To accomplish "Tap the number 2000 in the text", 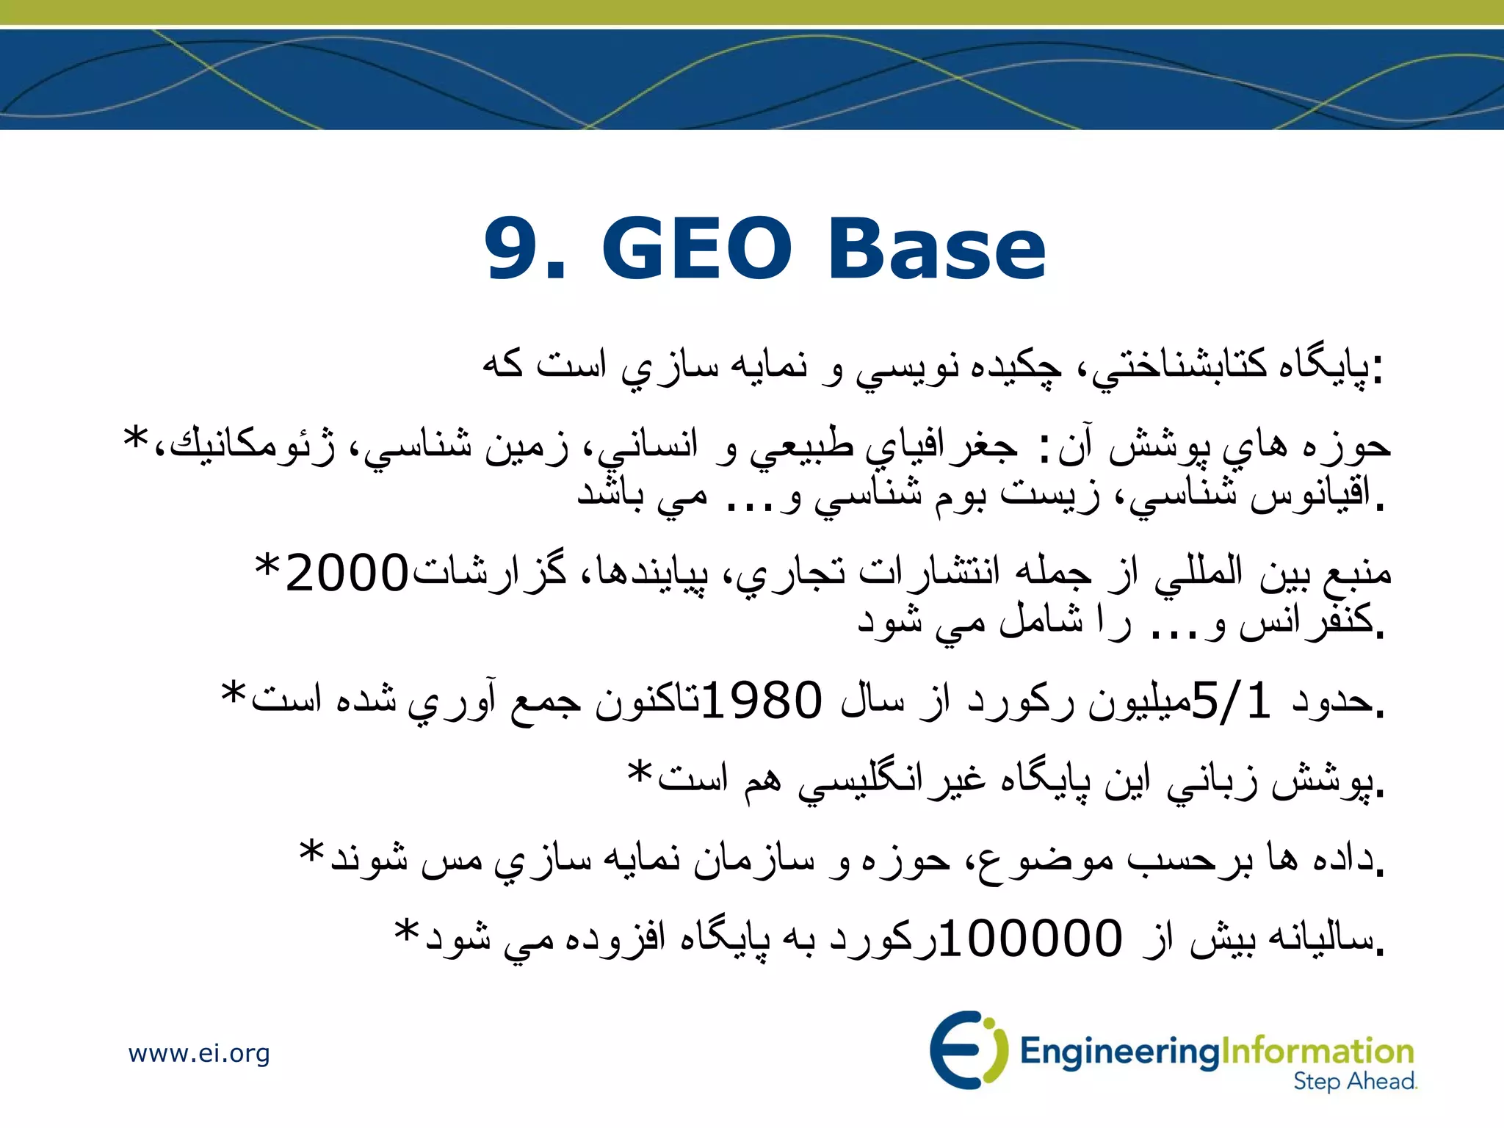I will click(346, 574).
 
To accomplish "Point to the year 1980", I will click(762, 700).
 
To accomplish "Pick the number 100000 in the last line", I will click(1030, 939).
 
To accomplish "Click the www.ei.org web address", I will click(199, 1054).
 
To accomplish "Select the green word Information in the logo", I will click(1317, 1051).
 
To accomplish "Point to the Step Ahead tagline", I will click(1354, 1082).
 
